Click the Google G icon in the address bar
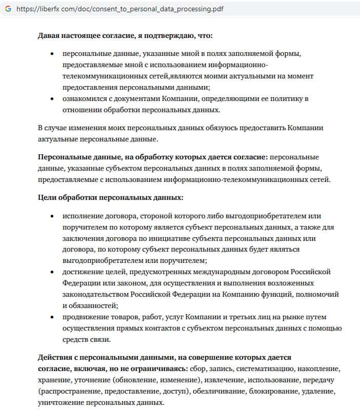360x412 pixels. pyautogui.click(x=8, y=9)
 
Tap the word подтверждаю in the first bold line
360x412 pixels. pyautogui.click(x=169, y=36)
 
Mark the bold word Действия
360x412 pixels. pyautogui.click(x=55, y=357)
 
